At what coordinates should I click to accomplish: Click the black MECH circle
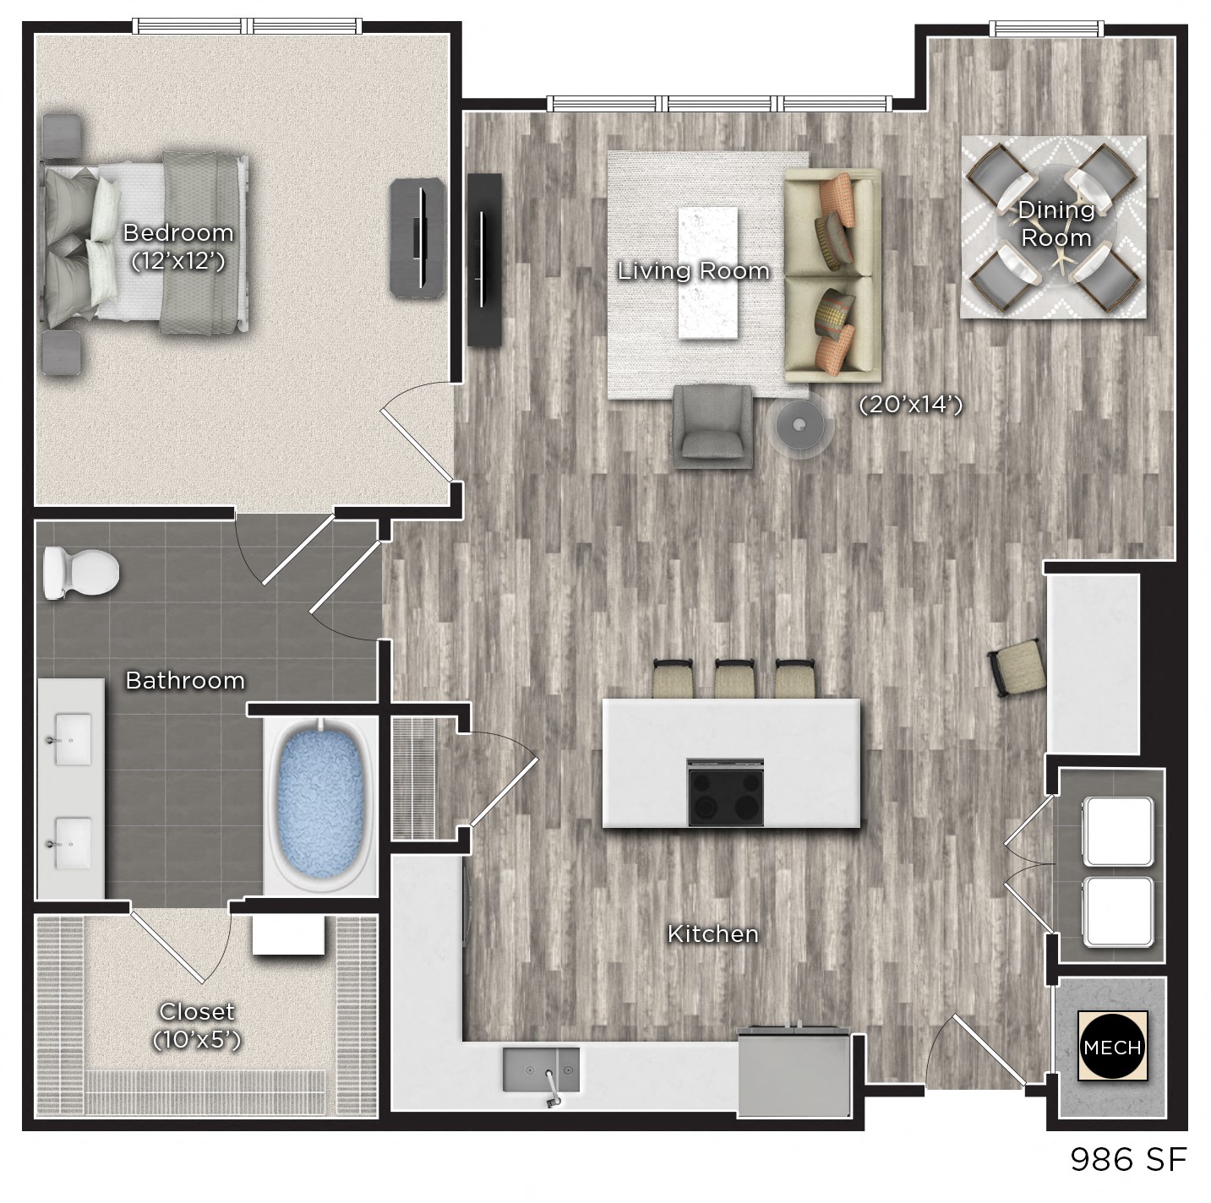pyautogui.click(x=1112, y=1047)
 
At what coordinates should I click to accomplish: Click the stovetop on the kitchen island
pyautogui.click(x=726, y=792)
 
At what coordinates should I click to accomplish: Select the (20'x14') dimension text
pyautogui.click(x=910, y=406)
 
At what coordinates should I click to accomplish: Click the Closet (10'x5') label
pyautogui.click(x=197, y=1025)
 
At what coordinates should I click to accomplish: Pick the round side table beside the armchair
pyautogui.click(x=799, y=424)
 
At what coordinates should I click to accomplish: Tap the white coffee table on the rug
pyautogui.click(x=707, y=272)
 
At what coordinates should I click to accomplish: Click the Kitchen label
pyautogui.click(x=712, y=934)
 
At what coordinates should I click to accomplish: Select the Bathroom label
pyautogui.click(x=185, y=680)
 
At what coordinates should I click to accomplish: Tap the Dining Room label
pyautogui.click(x=1056, y=223)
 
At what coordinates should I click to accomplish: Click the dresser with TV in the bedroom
pyautogui.click(x=417, y=237)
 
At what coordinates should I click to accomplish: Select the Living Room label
pyautogui.click(x=693, y=271)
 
